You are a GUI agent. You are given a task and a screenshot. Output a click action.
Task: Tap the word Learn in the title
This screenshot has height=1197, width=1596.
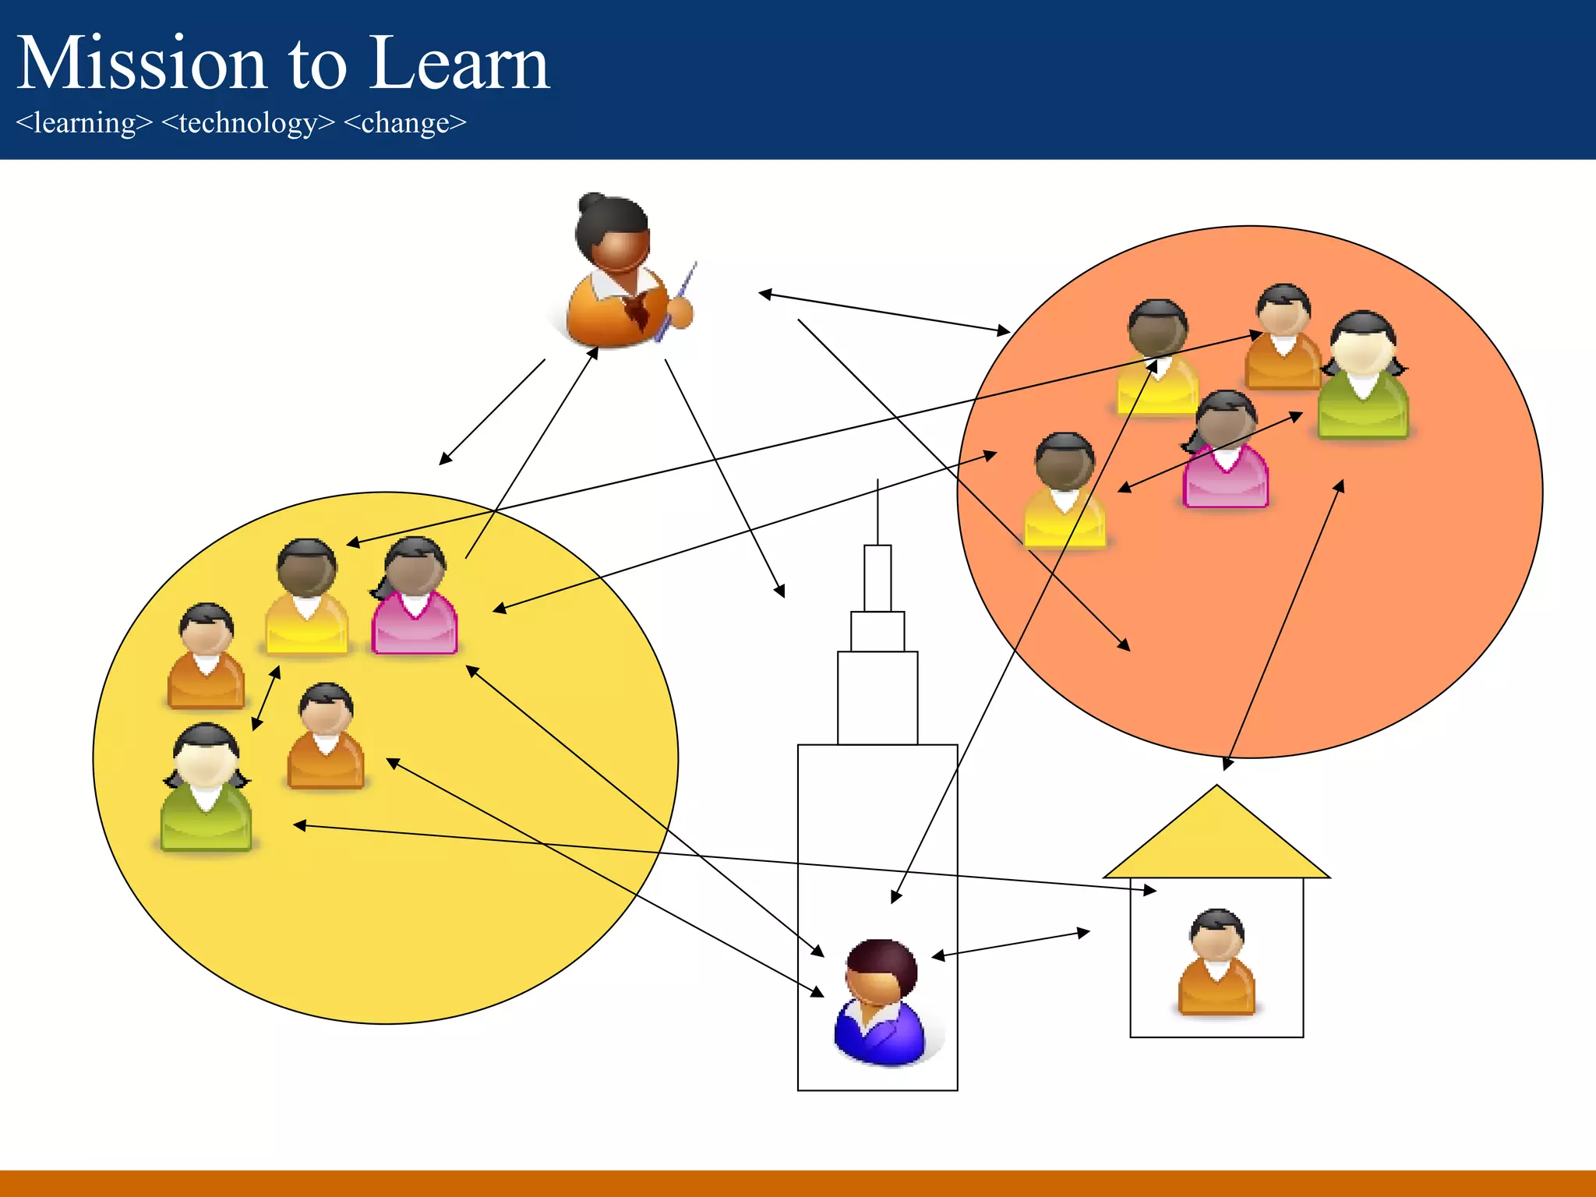click(x=459, y=64)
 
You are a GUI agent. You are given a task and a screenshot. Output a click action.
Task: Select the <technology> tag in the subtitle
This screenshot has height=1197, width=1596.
click(x=248, y=123)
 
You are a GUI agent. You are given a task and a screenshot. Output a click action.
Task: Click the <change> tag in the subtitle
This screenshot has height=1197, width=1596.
click(x=404, y=123)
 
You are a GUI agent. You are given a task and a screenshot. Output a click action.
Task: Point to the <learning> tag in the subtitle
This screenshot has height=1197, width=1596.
click(x=84, y=123)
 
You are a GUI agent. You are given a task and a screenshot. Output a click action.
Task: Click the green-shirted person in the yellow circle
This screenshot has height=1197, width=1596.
click(x=207, y=787)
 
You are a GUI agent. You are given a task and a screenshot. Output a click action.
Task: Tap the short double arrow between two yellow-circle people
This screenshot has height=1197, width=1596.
click(x=266, y=698)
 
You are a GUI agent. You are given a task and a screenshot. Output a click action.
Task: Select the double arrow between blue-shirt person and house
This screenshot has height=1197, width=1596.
click(x=1011, y=944)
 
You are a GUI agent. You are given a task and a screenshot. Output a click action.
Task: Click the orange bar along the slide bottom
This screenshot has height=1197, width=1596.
click(x=798, y=1183)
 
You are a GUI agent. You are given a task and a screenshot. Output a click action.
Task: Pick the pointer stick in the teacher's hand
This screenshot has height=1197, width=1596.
click(x=676, y=301)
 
